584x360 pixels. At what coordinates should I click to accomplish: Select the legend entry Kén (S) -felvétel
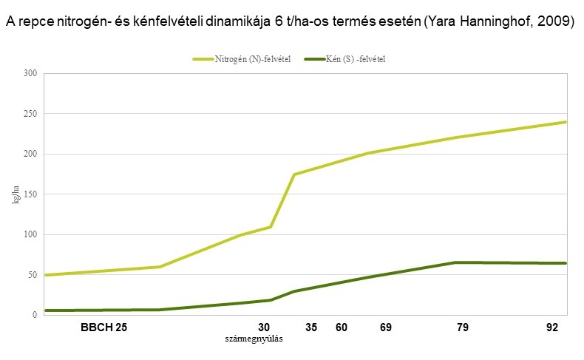pos(355,58)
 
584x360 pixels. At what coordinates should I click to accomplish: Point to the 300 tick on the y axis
pos(30,73)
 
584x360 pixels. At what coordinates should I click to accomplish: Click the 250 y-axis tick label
pos(30,114)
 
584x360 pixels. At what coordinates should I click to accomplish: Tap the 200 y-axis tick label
pos(30,154)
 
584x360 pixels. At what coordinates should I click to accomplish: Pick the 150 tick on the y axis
pos(30,194)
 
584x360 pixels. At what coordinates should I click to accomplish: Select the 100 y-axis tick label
pos(30,234)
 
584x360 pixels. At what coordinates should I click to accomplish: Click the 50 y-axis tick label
pos(32,275)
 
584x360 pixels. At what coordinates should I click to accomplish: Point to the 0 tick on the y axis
pos(34,315)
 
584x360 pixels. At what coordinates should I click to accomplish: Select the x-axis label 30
pos(264,327)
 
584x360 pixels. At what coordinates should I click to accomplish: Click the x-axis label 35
pos(311,327)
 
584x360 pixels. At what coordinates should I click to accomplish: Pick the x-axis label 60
pos(341,327)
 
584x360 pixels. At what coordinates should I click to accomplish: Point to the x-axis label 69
pos(385,327)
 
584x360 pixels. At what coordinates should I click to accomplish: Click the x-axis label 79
pos(463,327)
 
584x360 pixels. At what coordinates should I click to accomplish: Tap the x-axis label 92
pos(551,327)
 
